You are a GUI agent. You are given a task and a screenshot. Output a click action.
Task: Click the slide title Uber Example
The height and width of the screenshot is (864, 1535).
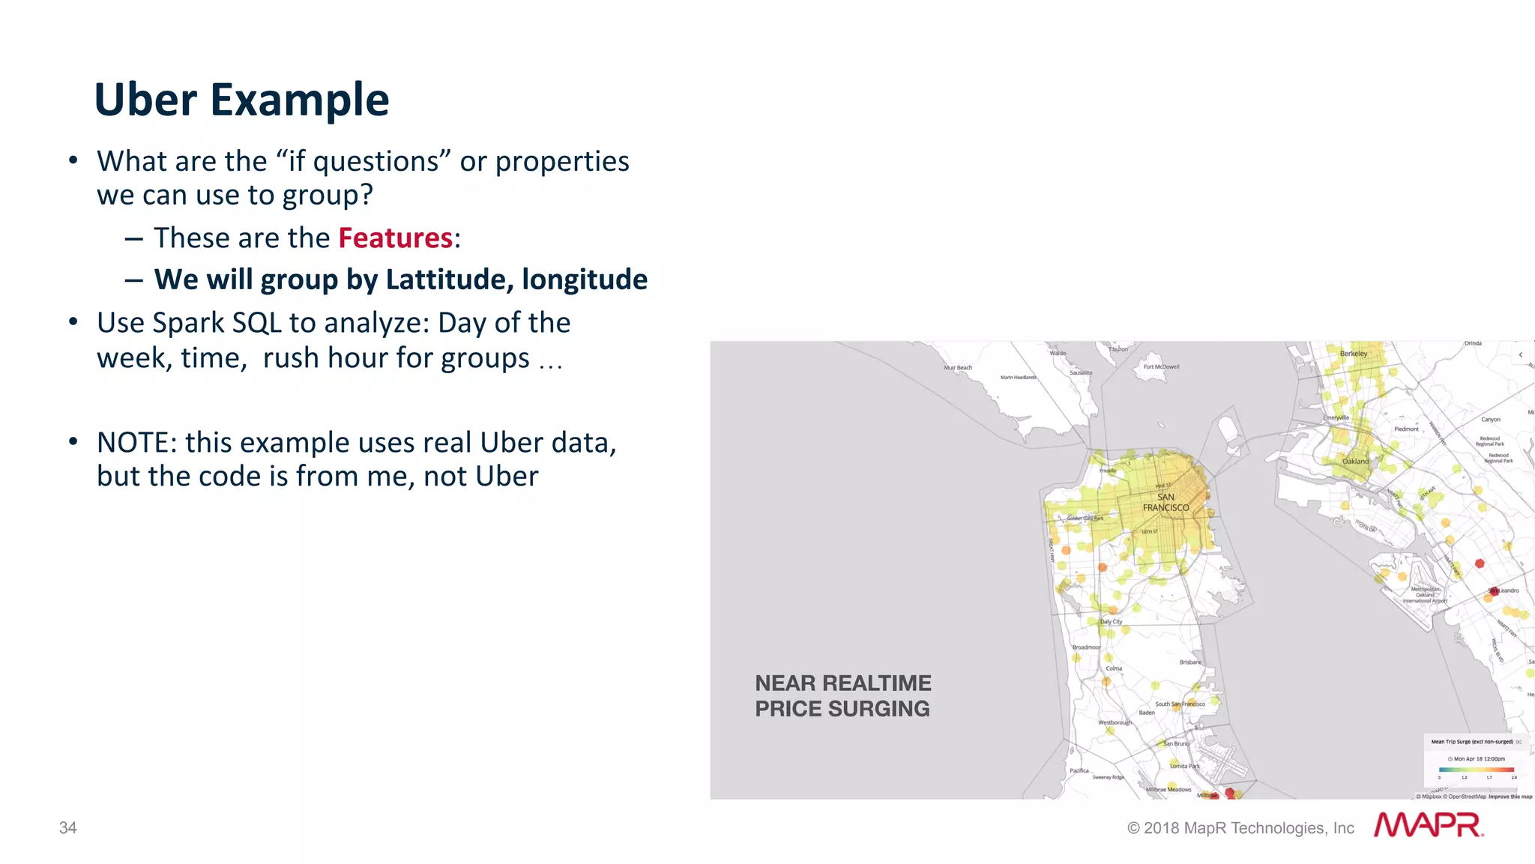[x=241, y=100]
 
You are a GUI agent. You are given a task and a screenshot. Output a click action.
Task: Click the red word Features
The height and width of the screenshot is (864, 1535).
[x=395, y=238]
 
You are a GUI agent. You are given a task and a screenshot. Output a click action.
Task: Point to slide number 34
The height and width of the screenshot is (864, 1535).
[x=68, y=827]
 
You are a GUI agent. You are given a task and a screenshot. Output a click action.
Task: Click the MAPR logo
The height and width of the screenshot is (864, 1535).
[x=1429, y=825]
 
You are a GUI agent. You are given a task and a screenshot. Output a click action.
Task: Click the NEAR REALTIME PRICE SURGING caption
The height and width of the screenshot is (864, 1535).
[x=842, y=695]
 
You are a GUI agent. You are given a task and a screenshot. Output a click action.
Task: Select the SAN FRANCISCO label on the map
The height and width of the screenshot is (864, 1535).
[x=1165, y=502]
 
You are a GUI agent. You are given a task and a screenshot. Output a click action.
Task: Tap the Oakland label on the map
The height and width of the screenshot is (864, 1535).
[x=1355, y=462]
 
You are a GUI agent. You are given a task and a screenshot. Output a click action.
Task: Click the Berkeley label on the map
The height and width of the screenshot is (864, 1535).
[x=1354, y=354]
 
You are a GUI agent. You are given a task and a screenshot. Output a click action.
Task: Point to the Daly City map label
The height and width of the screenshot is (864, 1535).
[x=1111, y=622]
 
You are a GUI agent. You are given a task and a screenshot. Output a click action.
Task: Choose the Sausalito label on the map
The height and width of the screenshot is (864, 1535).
[x=1081, y=372]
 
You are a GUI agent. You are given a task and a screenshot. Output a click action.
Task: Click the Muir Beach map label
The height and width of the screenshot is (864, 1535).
[x=958, y=368]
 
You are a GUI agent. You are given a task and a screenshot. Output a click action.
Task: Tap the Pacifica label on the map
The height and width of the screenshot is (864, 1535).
[x=1079, y=770]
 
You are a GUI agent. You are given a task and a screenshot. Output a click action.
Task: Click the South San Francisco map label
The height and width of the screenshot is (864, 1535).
[x=1180, y=704]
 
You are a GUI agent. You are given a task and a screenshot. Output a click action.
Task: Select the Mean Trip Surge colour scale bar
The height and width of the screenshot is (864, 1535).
[x=1477, y=770]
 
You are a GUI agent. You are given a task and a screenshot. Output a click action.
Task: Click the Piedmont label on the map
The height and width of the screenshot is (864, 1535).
[x=1406, y=429]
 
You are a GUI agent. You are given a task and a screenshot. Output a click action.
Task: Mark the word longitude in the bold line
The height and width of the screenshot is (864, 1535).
[x=585, y=280]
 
